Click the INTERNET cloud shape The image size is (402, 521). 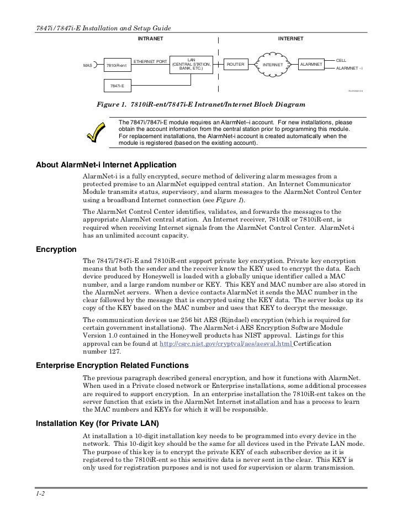272,65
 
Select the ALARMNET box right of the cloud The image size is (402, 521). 311,64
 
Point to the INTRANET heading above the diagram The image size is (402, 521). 150,39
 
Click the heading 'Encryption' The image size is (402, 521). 56,249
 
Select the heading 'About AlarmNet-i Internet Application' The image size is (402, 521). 105,165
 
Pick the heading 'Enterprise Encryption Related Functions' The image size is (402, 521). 112,366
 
